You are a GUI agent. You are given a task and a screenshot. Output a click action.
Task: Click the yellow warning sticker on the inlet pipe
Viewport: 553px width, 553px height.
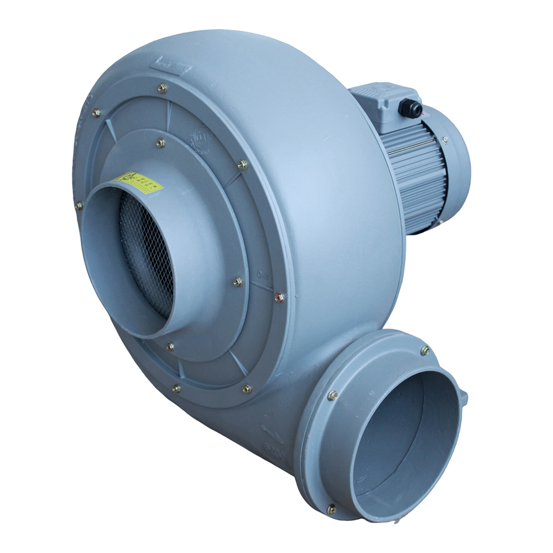(x=136, y=182)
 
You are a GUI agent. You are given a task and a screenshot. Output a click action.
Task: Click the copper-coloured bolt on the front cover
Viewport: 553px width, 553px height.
(x=279, y=298)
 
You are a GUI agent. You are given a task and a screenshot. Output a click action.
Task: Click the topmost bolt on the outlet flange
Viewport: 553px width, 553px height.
(x=425, y=349)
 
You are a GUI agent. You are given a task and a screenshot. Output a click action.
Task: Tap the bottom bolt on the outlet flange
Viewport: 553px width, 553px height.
(x=331, y=509)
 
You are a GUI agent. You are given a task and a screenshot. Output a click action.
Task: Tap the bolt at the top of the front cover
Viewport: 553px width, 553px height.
(x=163, y=87)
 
